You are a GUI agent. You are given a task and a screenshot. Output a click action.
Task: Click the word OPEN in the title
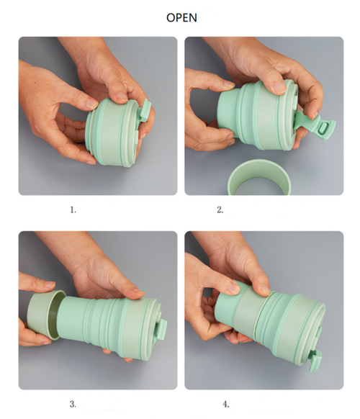[x=181, y=17]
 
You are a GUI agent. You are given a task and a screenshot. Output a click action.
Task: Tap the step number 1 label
[x=73, y=210]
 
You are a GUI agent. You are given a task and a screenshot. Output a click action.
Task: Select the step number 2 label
[x=220, y=210]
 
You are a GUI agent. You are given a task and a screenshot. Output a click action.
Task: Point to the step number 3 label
[x=73, y=404]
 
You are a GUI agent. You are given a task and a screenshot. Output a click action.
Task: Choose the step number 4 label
[x=226, y=405]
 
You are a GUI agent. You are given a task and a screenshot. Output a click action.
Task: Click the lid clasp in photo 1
[x=145, y=111]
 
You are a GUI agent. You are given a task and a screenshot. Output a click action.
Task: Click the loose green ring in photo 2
[x=258, y=177]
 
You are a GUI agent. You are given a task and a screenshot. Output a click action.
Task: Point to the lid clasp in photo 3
[x=162, y=330]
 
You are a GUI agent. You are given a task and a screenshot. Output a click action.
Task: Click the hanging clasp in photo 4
[x=315, y=361]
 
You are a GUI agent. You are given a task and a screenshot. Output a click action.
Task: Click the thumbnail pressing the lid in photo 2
[x=279, y=87]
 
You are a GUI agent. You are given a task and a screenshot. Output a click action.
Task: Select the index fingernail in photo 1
[x=91, y=104]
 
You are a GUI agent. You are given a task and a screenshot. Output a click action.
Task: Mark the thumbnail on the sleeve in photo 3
[x=50, y=284]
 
